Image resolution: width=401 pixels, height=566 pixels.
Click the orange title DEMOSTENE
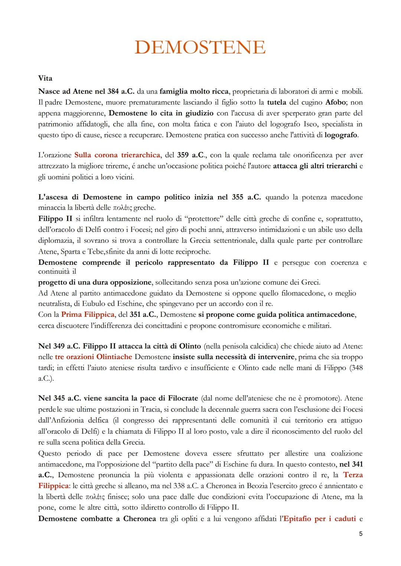pos(200,47)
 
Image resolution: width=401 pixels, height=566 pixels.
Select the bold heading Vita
pos(45,78)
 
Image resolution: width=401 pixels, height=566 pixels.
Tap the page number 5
pos(361,534)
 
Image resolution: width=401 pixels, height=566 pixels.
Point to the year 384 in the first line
pos(114,91)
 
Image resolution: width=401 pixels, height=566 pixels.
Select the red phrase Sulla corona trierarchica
pos(117,155)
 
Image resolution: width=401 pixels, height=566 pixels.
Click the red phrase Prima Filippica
pos(88,315)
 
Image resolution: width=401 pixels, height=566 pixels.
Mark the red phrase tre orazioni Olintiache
pos(93,357)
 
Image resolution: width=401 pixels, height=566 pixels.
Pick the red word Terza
pos(353,475)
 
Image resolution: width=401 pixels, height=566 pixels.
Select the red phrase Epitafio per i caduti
pos(319,519)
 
